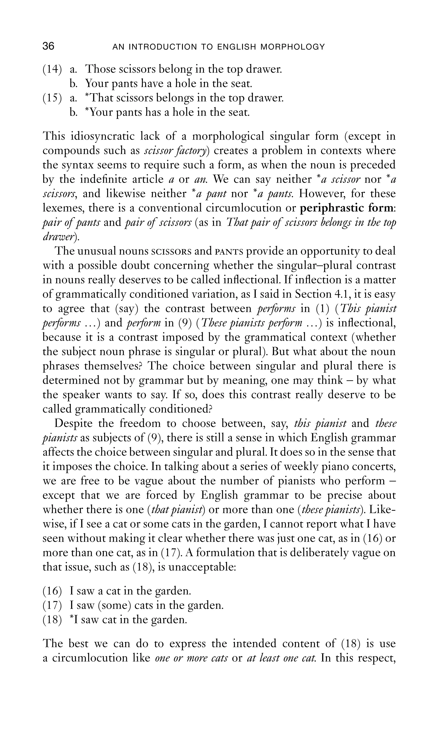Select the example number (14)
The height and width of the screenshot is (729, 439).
pyautogui.click(x=52, y=69)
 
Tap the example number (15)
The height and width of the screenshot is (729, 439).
pyautogui.click(x=52, y=98)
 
